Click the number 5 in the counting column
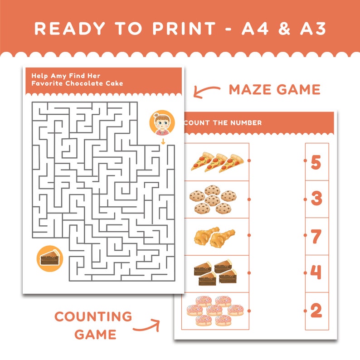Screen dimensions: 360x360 [x=316, y=162]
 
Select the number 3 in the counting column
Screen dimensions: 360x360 [x=316, y=199]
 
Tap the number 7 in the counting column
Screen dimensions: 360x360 [x=316, y=236]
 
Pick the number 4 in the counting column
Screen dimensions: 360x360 [x=316, y=273]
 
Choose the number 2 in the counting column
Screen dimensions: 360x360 [x=316, y=311]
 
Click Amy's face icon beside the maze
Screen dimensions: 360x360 [x=162, y=123]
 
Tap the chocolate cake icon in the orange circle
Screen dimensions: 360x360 [x=49, y=259]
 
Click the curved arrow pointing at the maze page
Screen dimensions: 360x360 [x=205, y=91]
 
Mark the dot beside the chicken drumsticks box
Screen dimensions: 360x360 [x=248, y=235]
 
